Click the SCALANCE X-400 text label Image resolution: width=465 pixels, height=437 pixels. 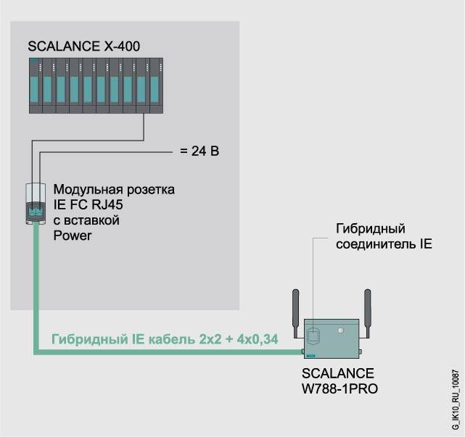pyautogui.click(x=83, y=47)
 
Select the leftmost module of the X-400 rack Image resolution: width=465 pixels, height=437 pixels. pyautogui.click(x=36, y=86)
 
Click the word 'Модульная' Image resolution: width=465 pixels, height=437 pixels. pyautogui.click(x=89, y=189)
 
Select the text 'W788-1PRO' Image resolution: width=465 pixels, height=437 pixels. pyautogui.click(x=340, y=389)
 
